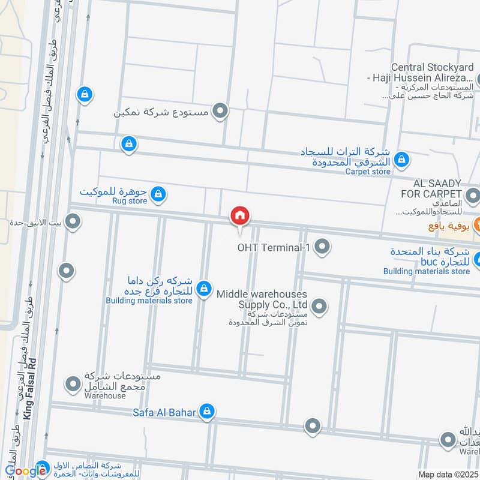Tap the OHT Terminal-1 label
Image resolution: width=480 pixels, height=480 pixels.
[272, 247]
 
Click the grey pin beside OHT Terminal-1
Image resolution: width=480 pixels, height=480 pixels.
[322, 247]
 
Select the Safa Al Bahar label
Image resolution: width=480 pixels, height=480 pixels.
[165, 412]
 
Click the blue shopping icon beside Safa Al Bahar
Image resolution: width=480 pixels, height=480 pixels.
[207, 411]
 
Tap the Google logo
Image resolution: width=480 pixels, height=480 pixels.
[25, 471]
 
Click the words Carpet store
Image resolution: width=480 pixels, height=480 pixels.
[367, 172]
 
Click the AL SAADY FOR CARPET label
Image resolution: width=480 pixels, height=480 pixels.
[436, 188]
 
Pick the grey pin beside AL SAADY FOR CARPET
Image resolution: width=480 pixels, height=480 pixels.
[473, 194]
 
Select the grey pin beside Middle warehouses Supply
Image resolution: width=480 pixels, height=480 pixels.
[319, 307]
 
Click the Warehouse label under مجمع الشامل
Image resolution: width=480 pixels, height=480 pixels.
[105, 396]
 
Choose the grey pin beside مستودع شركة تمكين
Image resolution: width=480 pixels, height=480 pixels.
[221, 111]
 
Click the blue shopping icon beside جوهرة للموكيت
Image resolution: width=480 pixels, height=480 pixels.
[158, 194]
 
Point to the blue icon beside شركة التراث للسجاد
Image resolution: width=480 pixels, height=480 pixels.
[402, 160]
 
